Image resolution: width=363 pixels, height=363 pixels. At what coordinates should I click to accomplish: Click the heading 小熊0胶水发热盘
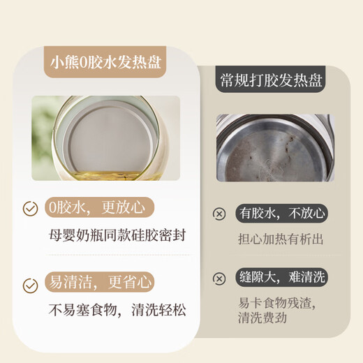105,62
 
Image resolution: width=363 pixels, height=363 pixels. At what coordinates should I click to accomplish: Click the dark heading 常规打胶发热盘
271,80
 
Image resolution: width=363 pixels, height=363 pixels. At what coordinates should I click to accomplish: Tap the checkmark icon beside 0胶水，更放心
30,209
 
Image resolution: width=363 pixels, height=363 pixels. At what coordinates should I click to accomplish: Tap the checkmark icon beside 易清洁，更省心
30,286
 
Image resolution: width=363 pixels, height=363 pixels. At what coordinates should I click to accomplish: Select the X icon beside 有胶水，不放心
219,214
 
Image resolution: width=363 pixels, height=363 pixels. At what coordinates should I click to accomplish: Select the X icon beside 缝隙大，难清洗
219,279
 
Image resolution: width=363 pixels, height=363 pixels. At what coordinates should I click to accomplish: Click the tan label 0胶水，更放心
100,207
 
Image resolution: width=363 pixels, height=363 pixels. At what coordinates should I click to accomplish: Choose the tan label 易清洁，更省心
100,282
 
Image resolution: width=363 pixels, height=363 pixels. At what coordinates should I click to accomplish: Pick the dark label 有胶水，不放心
281,213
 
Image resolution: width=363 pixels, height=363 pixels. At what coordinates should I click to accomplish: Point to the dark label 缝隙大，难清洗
281,277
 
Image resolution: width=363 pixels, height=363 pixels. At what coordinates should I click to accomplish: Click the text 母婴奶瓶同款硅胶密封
117,235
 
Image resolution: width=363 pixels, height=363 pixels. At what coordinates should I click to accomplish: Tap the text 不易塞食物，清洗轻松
117,310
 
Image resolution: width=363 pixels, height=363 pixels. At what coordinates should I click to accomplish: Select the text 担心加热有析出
281,239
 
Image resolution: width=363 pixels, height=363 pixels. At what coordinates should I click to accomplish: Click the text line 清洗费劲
262,318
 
